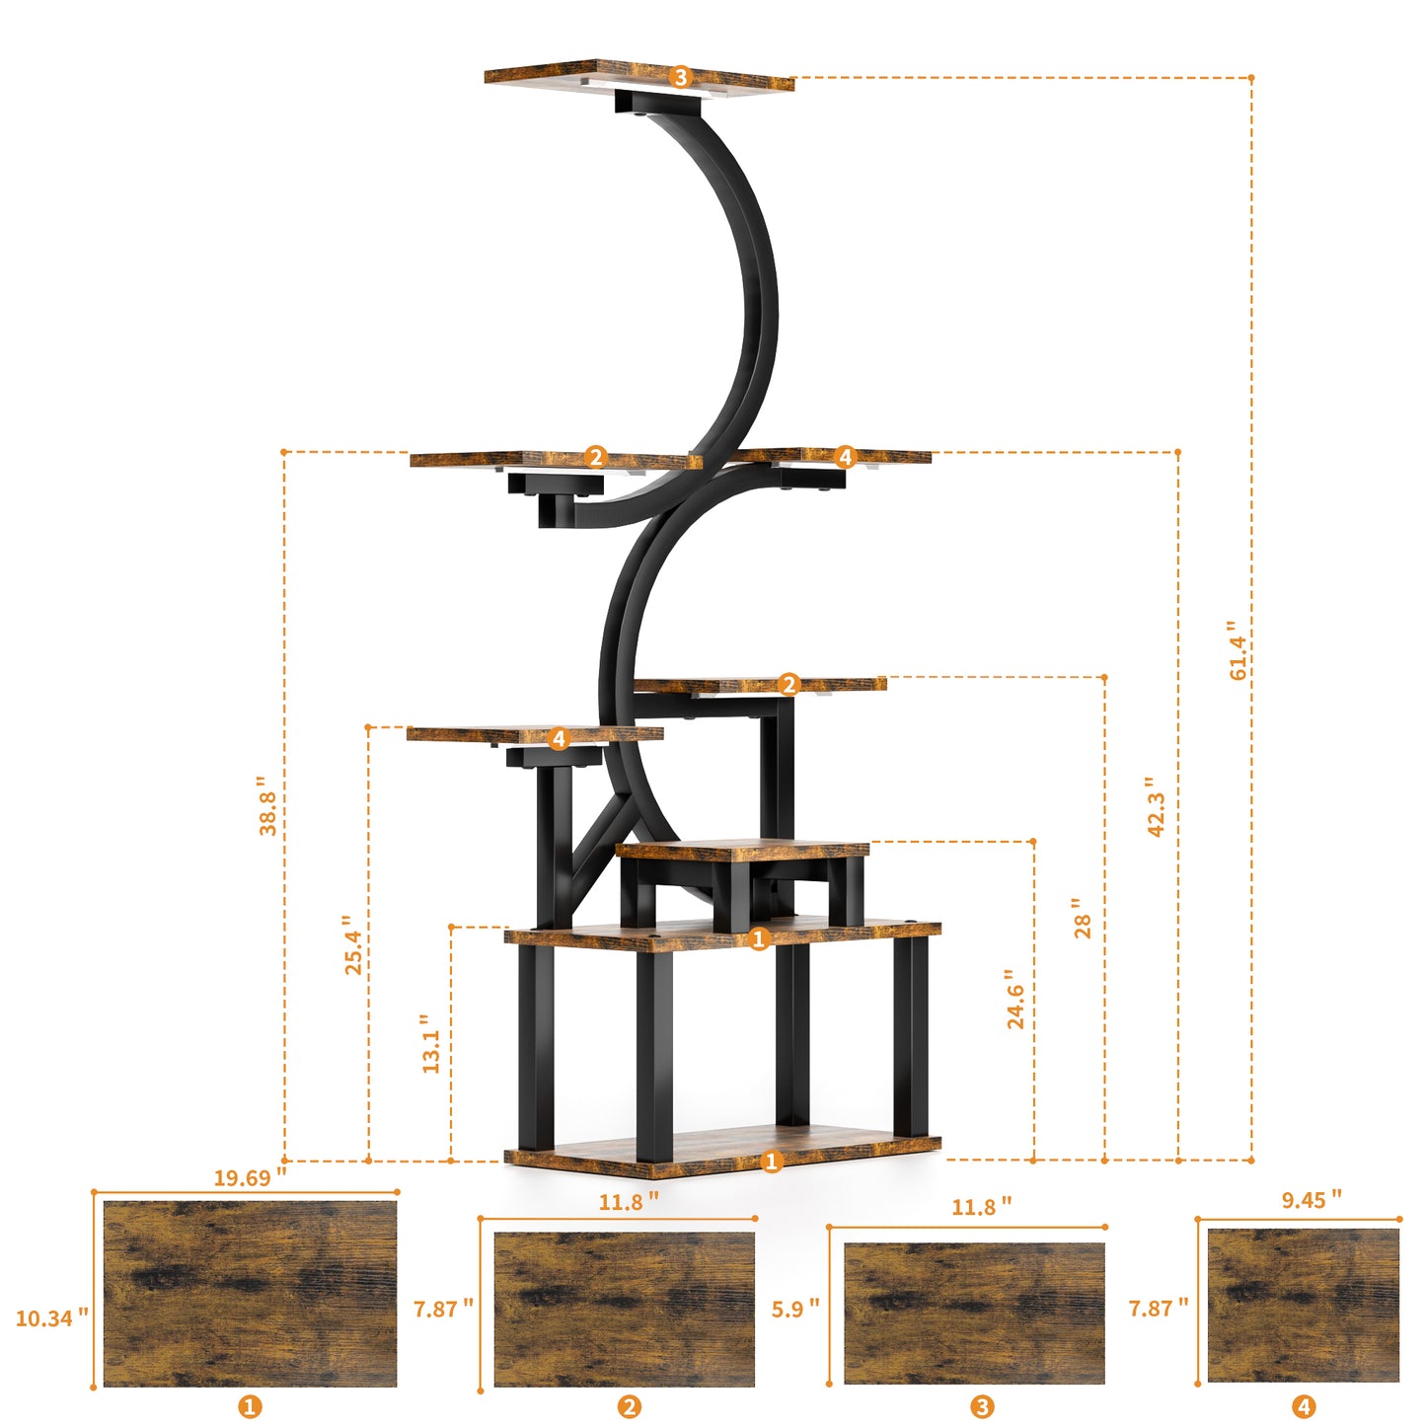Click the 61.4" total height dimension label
(x=1238, y=650)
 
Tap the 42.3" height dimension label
(x=1156, y=806)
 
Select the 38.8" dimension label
(x=267, y=805)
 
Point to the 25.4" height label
(x=352, y=945)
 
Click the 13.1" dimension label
(x=430, y=1044)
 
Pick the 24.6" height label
(x=1015, y=999)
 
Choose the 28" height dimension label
(x=1083, y=919)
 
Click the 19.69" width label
(x=250, y=1177)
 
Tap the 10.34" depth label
(x=51, y=1317)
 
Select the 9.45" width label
(x=1311, y=1200)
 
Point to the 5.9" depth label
(x=795, y=1309)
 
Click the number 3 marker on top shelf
(x=680, y=77)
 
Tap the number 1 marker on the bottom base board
(x=772, y=1162)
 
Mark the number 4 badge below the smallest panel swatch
(x=1304, y=1407)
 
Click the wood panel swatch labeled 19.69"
(x=250, y=1293)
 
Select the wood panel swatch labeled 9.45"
(x=1303, y=1305)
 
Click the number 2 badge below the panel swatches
(x=629, y=1407)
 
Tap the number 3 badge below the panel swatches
(x=982, y=1407)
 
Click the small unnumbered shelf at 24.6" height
(x=742, y=850)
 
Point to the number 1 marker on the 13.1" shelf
(x=759, y=938)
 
